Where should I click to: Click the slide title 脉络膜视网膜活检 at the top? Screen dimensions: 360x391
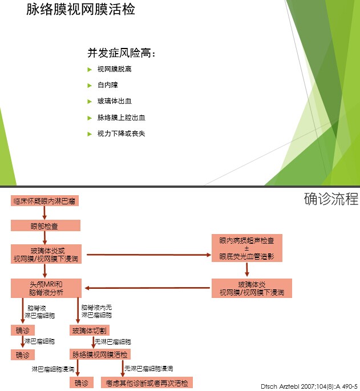tap(80, 9)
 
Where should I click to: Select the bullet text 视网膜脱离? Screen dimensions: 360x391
tap(115, 69)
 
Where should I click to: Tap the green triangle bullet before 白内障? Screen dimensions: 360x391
tap(90, 86)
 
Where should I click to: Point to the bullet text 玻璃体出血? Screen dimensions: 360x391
tap(115, 101)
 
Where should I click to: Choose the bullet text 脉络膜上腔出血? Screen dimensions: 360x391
tap(121, 118)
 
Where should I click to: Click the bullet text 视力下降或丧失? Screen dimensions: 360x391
tap(121, 134)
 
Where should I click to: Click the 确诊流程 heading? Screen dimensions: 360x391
tap(331, 199)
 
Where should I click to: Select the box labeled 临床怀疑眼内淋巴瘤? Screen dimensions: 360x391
tap(45, 201)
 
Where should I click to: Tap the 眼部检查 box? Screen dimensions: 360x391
tap(46, 225)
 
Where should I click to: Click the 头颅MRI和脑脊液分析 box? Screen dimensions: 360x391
tap(46, 288)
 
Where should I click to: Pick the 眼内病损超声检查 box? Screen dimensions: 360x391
tap(247, 248)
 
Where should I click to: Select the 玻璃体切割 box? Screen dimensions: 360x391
tap(89, 330)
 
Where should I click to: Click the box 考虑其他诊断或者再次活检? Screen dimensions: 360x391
tap(147, 382)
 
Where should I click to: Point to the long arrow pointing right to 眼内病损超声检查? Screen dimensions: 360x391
tap(149, 255)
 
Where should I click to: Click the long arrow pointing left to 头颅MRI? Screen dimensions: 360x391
tap(147, 288)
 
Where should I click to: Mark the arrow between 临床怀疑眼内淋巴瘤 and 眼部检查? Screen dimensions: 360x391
tap(45, 213)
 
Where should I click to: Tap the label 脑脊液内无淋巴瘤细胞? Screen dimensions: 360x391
tap(97, 311)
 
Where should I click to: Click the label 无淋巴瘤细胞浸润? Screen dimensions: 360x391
tap(149, 368)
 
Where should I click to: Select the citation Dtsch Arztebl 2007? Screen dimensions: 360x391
tap(309, 386)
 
